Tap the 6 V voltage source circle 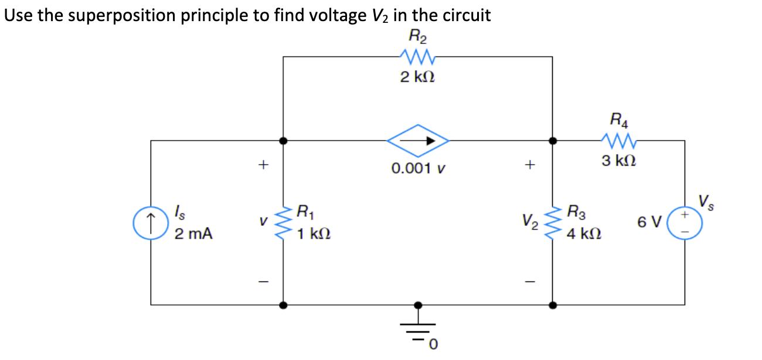pos(685,223)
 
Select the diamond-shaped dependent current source pos(417,141)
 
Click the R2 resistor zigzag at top pos(417,57)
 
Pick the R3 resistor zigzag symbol pos(553,223)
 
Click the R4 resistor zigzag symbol pos(617,141)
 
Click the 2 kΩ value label pos(417,77)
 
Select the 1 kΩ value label pos(313,234)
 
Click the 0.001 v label pos(419,169)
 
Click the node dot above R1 pos(284,141)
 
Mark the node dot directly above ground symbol pos(417,305)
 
